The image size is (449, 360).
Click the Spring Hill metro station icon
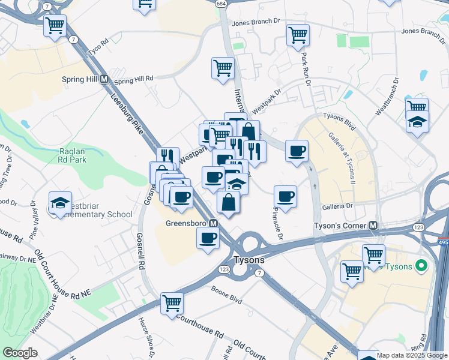[104, 79]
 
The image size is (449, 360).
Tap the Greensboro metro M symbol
[213, 223]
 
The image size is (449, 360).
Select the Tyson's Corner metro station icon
[373, 226]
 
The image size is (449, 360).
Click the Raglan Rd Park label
[73, 156]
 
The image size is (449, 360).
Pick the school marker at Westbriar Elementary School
[61, 204]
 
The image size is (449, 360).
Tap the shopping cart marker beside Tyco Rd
[55, 26]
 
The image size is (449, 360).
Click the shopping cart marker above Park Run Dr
[298, 35]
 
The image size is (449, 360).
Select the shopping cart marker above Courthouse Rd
[172, 302]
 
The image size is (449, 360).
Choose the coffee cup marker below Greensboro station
[208, 238]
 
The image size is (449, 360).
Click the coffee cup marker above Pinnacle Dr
[285, 196]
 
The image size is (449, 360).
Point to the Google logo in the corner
[20, 353]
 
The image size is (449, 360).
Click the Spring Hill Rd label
[134, 79]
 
